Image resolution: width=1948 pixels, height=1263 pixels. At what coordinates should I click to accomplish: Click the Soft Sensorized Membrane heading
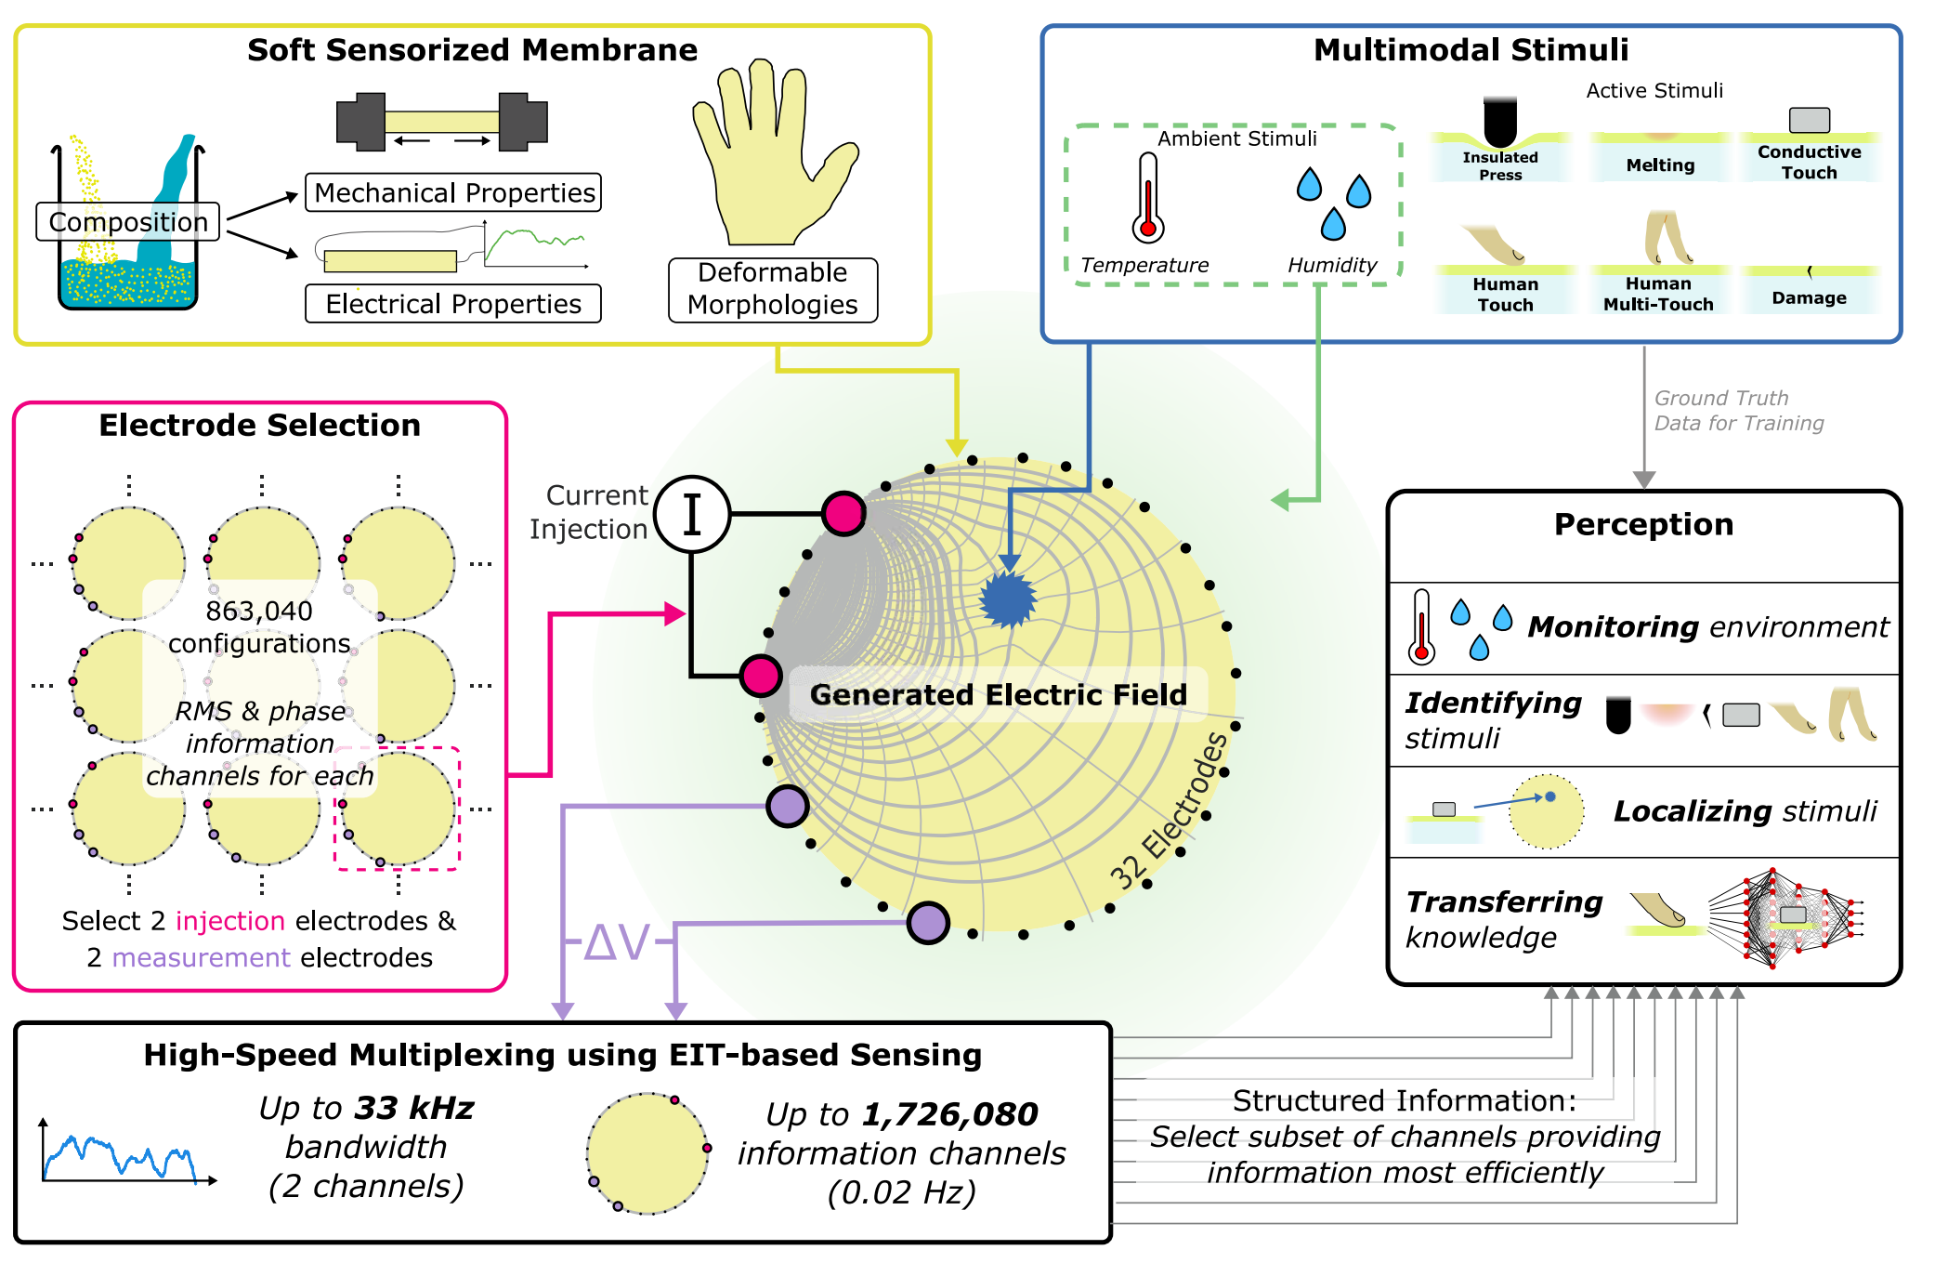[472, 50]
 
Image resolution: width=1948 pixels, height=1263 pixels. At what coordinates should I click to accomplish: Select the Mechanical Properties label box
[453, 192]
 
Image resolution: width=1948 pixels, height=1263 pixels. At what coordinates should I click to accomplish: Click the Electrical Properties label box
[453, 304]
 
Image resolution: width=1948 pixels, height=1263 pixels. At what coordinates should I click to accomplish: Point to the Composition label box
[128, 222]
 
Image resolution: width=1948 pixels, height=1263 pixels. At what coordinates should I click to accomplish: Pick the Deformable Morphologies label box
[773, 289]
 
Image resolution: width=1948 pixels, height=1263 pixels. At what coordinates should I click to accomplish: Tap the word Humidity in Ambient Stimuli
[1332, 266]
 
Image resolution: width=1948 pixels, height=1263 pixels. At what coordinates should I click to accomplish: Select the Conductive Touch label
[1809, 163]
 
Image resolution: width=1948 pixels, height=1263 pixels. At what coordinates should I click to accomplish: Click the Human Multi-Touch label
[1658, 295]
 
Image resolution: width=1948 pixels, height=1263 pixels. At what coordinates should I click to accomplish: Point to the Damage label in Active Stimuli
[1809, 298]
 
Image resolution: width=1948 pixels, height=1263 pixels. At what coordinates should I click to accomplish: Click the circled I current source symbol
[692, 514]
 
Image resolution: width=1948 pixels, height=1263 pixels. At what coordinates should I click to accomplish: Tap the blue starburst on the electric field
[1009, 599]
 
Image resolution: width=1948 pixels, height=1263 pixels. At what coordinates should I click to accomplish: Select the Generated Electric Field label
[998, 694]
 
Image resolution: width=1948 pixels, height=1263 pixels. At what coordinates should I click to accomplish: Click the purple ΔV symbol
[618, 942]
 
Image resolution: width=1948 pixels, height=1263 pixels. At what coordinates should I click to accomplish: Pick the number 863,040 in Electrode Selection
[259, 612]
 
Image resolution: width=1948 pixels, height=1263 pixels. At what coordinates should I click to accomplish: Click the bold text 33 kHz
[414, 1108]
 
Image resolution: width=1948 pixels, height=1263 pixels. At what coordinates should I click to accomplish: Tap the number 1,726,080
[949, 1114]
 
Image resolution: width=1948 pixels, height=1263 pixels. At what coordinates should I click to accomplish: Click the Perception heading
[1643, 525]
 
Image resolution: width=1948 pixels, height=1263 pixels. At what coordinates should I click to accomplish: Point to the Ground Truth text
[1720, 399]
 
